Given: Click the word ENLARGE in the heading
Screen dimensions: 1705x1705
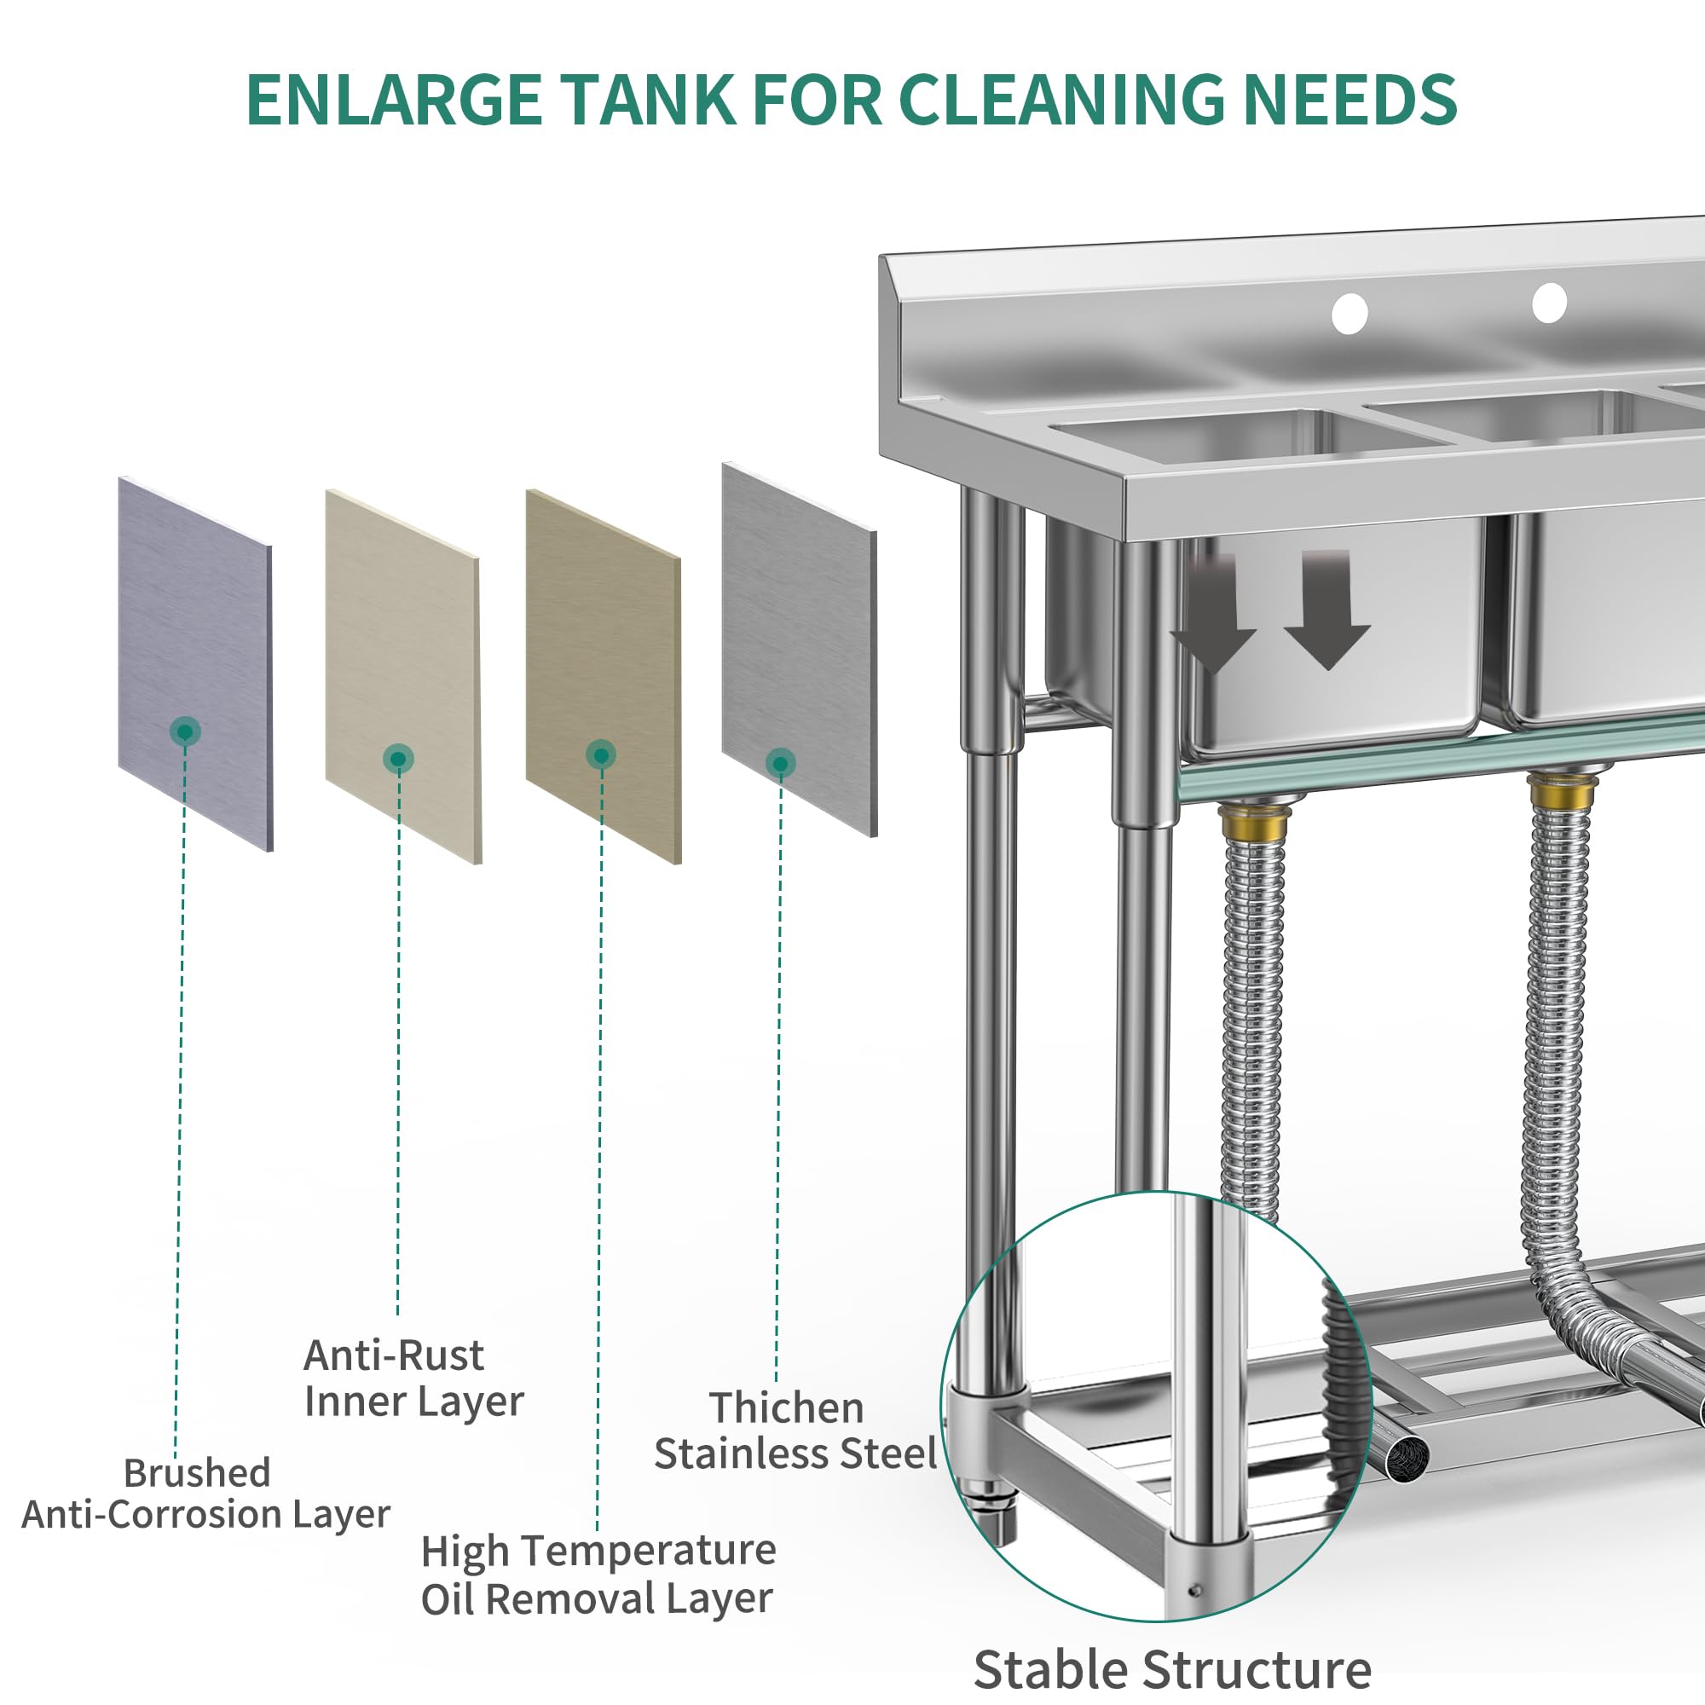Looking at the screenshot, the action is point(395,99).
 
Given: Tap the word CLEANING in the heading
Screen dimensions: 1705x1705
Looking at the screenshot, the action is point(1061,99).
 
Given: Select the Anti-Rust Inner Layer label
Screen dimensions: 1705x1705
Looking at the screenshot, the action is point(413,1378).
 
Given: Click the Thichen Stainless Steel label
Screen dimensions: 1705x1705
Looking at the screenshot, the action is point(795,1431).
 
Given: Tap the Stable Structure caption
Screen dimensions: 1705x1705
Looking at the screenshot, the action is point(1172,1669).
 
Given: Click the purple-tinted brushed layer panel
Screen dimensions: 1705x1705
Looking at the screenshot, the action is point(195,663).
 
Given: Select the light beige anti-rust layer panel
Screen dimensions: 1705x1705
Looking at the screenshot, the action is point(403,676).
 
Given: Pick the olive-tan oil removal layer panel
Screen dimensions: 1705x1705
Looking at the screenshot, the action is point(604,676).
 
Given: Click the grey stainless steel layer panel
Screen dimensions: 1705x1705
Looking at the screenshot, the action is point(800,650).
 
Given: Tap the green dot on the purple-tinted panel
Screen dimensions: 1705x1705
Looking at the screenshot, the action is point(185,731).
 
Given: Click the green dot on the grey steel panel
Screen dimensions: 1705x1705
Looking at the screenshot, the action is point(780,763).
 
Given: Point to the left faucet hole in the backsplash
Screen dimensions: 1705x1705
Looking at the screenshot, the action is point(1350,313).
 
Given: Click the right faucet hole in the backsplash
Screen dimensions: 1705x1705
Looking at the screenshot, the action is point(1550,303).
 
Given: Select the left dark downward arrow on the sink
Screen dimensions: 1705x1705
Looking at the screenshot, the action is point(1214,614).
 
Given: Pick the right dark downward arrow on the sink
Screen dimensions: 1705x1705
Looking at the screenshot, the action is point(1327,609).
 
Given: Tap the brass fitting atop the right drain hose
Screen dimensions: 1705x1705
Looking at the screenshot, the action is point(1563,792).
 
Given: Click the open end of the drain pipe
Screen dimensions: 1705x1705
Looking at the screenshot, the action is point(1406,1459).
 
